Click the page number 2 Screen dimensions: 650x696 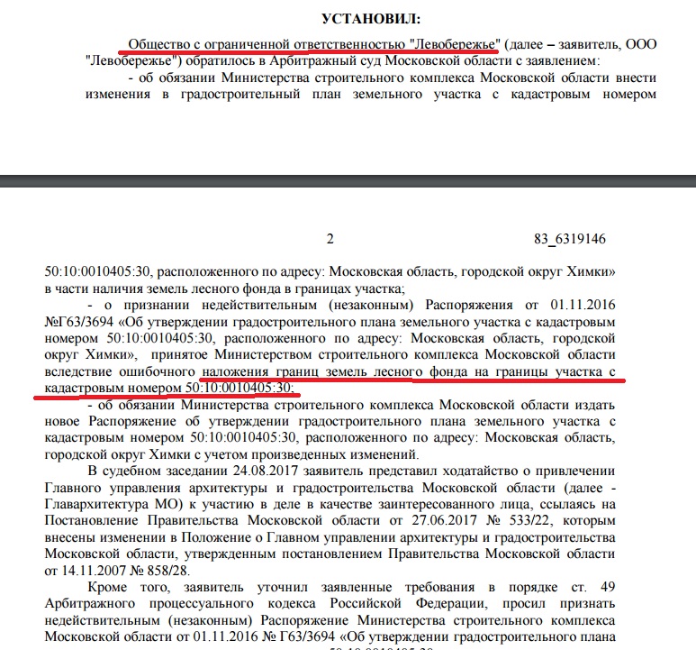point(330,239)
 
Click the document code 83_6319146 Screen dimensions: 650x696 point(569,239)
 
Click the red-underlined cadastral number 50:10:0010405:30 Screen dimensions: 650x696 point(240,389)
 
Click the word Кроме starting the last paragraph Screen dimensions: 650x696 point(109,590)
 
